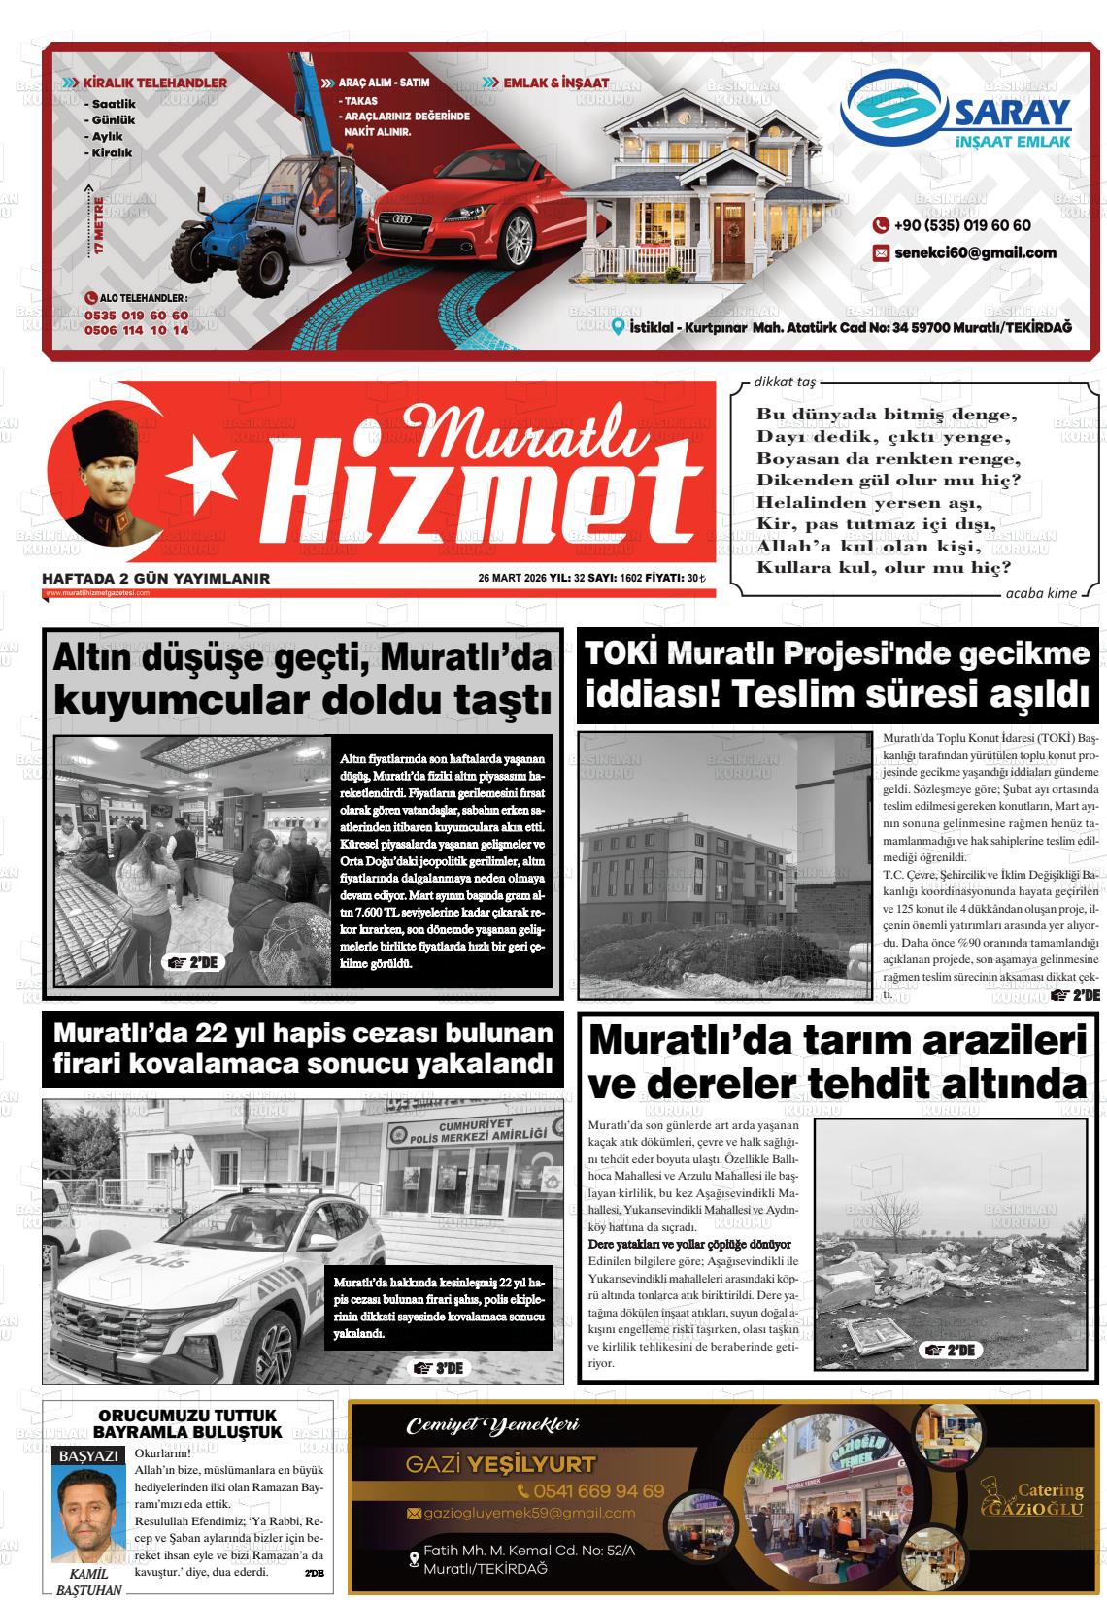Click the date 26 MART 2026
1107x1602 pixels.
coord(512,579)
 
